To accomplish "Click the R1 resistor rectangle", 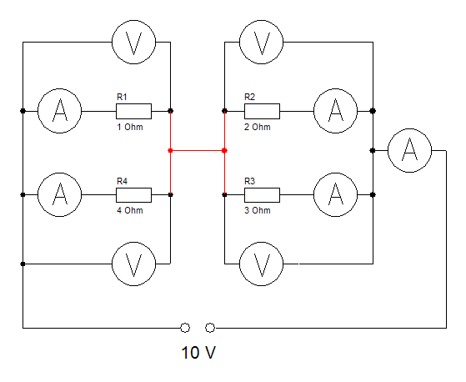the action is click(x=133, y=111).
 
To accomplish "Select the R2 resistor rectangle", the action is click(x=262, y=111).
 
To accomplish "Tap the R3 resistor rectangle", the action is click(x=262, y=195).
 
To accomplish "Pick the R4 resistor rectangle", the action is click(x=133, y=195).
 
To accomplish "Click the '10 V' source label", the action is click(x=198, y=353).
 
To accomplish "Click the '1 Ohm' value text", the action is click(x=130, y=127).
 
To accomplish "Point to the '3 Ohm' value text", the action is click(x=258, y=210).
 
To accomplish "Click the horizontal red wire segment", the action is click(x=198, y=151).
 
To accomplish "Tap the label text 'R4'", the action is click(x=123, y=181).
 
